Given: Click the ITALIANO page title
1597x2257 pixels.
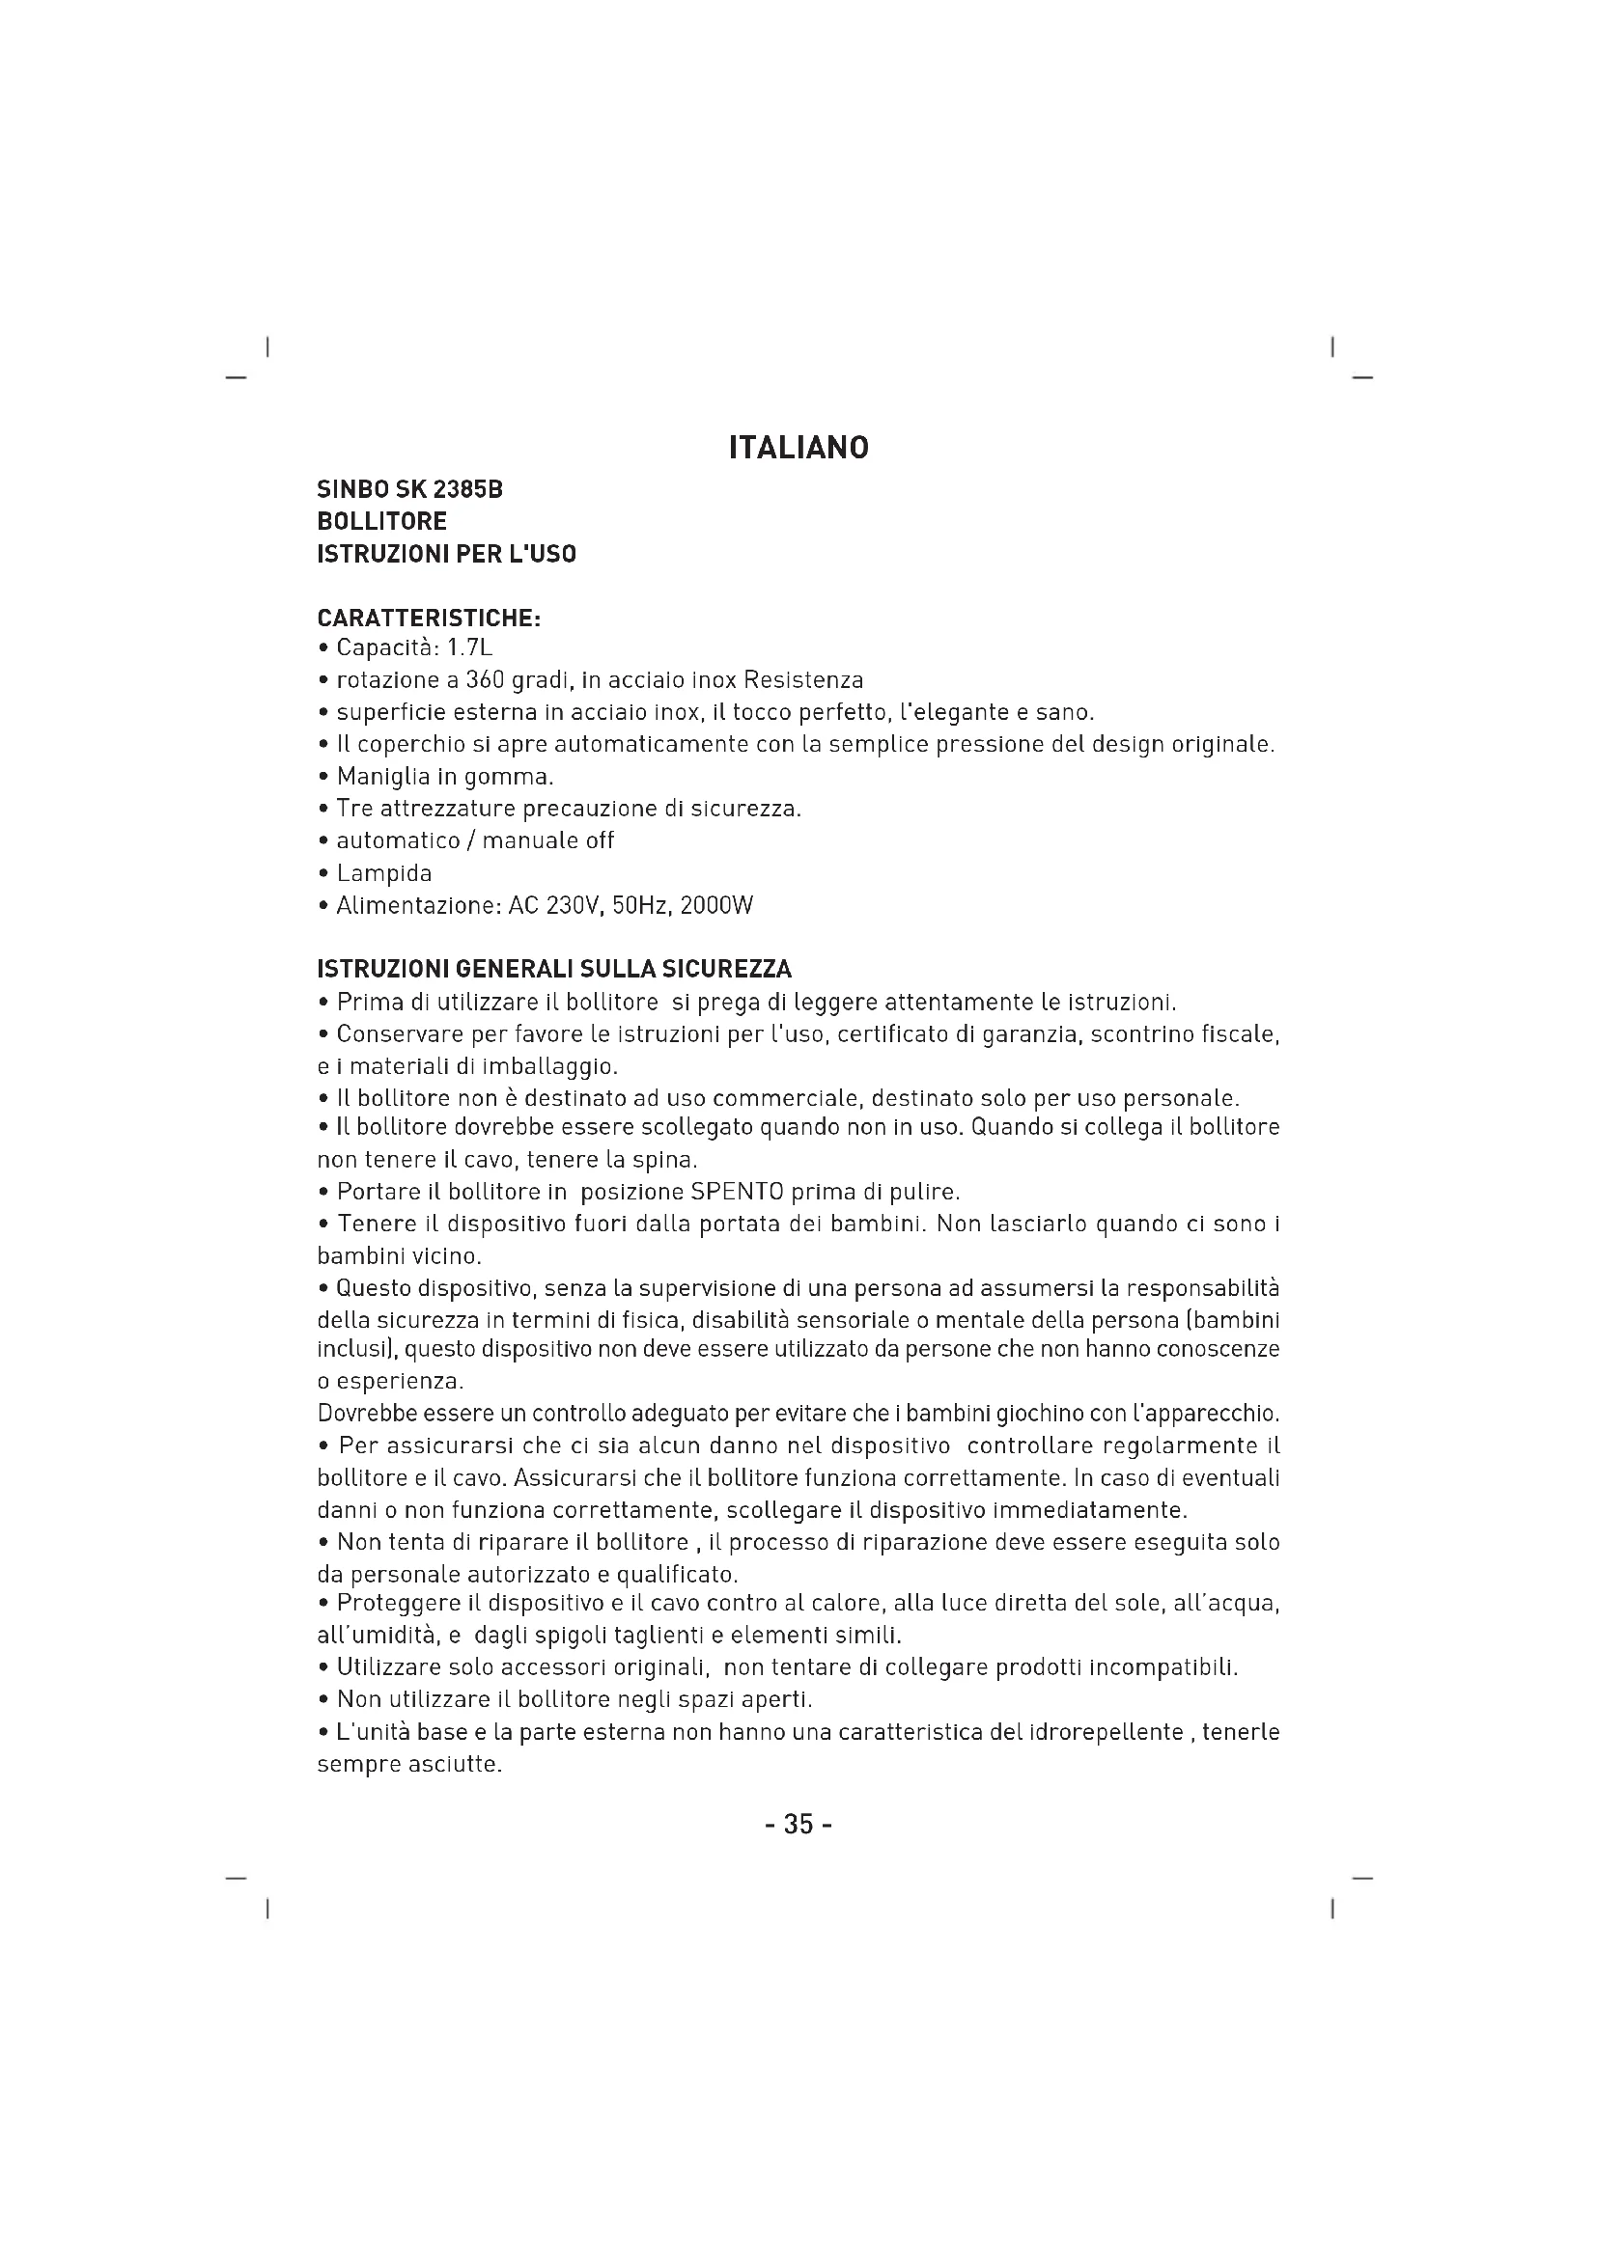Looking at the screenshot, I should (798, 449).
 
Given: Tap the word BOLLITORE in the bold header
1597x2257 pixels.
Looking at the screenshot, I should (381, 521).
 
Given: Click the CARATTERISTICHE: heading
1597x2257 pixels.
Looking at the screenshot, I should (429, 619).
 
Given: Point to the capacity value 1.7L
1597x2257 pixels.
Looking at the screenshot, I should (470, 647).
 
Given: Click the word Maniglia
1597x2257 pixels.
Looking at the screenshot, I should (383, 777).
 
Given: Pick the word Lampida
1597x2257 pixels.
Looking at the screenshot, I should (383, 873).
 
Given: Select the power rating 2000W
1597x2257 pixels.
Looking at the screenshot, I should (716, 905).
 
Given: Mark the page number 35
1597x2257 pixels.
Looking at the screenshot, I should (798, 1826).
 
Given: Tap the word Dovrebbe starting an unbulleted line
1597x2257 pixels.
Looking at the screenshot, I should (362, 1415).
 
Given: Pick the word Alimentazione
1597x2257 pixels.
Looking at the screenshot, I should (418, 905).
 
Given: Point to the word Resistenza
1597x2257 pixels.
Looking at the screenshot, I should (803, 680).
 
